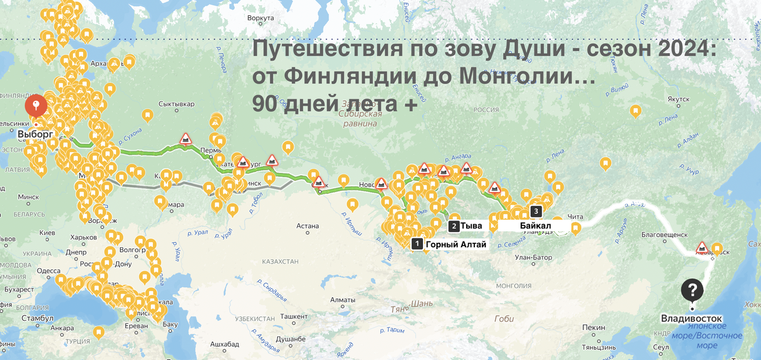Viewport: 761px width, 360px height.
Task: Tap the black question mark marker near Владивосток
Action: coord(693,291)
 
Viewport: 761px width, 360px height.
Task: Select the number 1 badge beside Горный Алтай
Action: coord(417,243)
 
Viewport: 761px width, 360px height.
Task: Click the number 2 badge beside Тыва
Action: coord(454,226)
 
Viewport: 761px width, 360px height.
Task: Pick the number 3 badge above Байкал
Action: coord(537,211)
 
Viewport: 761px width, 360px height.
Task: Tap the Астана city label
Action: coord(306,225)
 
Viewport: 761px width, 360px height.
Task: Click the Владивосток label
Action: coord(691,319)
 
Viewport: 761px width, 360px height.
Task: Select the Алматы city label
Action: coord(342,299)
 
